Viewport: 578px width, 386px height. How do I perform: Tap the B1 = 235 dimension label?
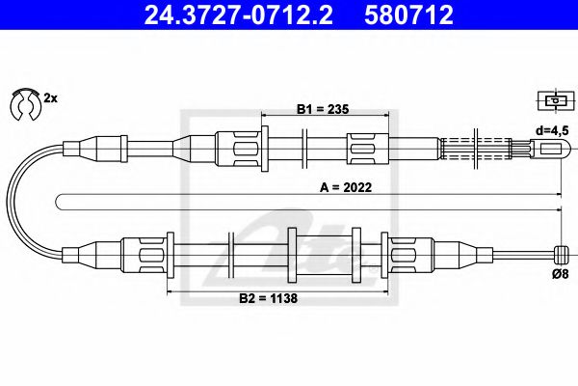click(x=320, y=109)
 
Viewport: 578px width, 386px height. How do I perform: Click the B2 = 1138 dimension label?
click(x=268, y=298)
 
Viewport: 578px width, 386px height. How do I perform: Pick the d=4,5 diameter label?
click(x=553, y=129)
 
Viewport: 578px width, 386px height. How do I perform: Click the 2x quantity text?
click(x=50, y=97)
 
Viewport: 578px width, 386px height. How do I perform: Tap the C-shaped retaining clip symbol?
click(x=21, y=103)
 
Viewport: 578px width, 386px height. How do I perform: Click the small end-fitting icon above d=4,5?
click(x=552, y=100)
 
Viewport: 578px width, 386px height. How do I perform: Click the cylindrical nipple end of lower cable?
click(x=558, y=253)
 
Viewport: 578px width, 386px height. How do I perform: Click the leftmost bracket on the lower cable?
click(x=155, y=255)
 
